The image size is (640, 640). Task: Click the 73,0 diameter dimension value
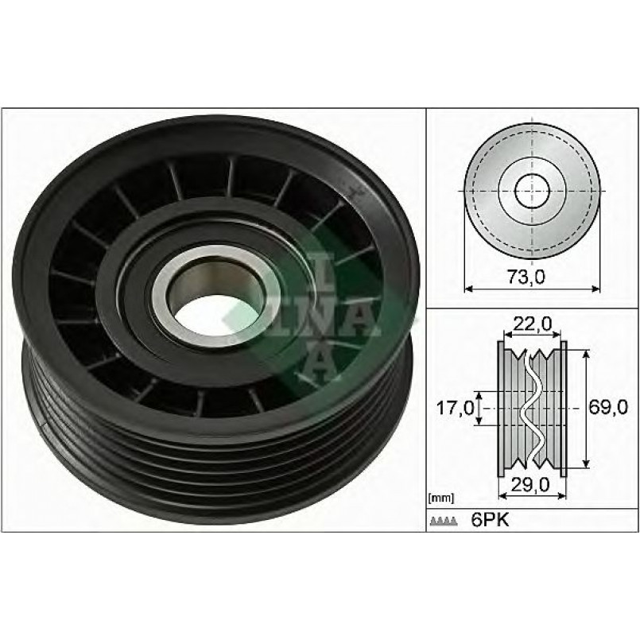pyautogui.click(x=526, y=277)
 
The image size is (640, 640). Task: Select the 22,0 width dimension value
pyautogui.click(x=533, y=324)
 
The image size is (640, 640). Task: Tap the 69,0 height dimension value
pyautogui.click(x=607, y=407)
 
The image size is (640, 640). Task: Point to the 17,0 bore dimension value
pyautogui.click(x=456, y=407)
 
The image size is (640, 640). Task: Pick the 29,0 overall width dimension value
pyautogui.click(x=530, y=484)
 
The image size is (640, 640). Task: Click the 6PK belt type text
pyautogui.click(x=491, y=521)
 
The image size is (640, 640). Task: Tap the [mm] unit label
pyautogui.click(x=441, y=498)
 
